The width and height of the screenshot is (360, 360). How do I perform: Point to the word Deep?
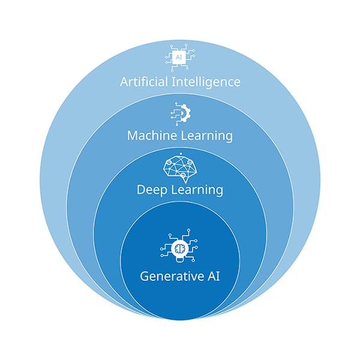click(x=150, y=190)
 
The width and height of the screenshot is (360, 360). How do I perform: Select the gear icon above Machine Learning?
click(x=179, y=113)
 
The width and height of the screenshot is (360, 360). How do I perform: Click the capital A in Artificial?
click(x=124, y=81)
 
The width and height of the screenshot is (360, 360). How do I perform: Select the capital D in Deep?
click(x=141, y=190)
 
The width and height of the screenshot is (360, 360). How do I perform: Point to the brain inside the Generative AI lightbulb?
click(x=179, y=247)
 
